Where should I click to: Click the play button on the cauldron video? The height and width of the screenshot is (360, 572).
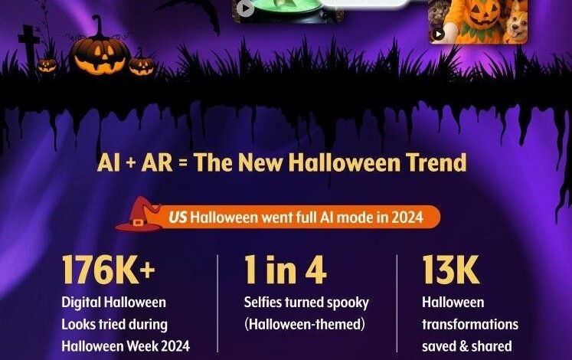pyautogui.click(x=245, y=8)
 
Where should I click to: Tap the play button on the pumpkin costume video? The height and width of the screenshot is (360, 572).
pyautogui.click(x=438, y=34)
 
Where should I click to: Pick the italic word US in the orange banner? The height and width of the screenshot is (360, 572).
pyautogui.click(x=177, y=217)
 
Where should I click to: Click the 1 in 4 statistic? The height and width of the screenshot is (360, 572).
pyautogui.click(x=285, y=271)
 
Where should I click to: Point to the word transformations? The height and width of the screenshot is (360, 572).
pyautogui.click(x=469, y=324)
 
